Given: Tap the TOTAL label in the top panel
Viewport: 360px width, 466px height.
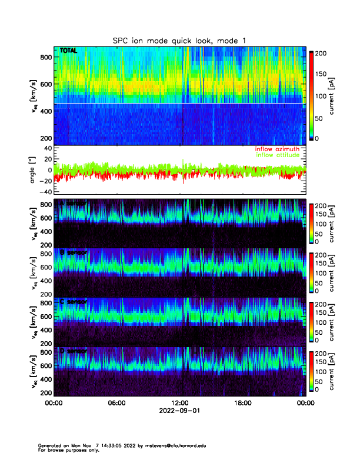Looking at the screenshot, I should (x=69, y=51).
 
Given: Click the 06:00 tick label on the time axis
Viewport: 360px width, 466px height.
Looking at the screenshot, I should (x=116, y=404).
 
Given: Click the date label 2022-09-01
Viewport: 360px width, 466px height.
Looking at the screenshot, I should (x=179, y=411).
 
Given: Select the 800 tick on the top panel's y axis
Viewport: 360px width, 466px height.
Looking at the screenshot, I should (x=45, y=57).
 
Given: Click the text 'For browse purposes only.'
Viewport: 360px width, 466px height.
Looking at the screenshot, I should (x=67, y=450).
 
